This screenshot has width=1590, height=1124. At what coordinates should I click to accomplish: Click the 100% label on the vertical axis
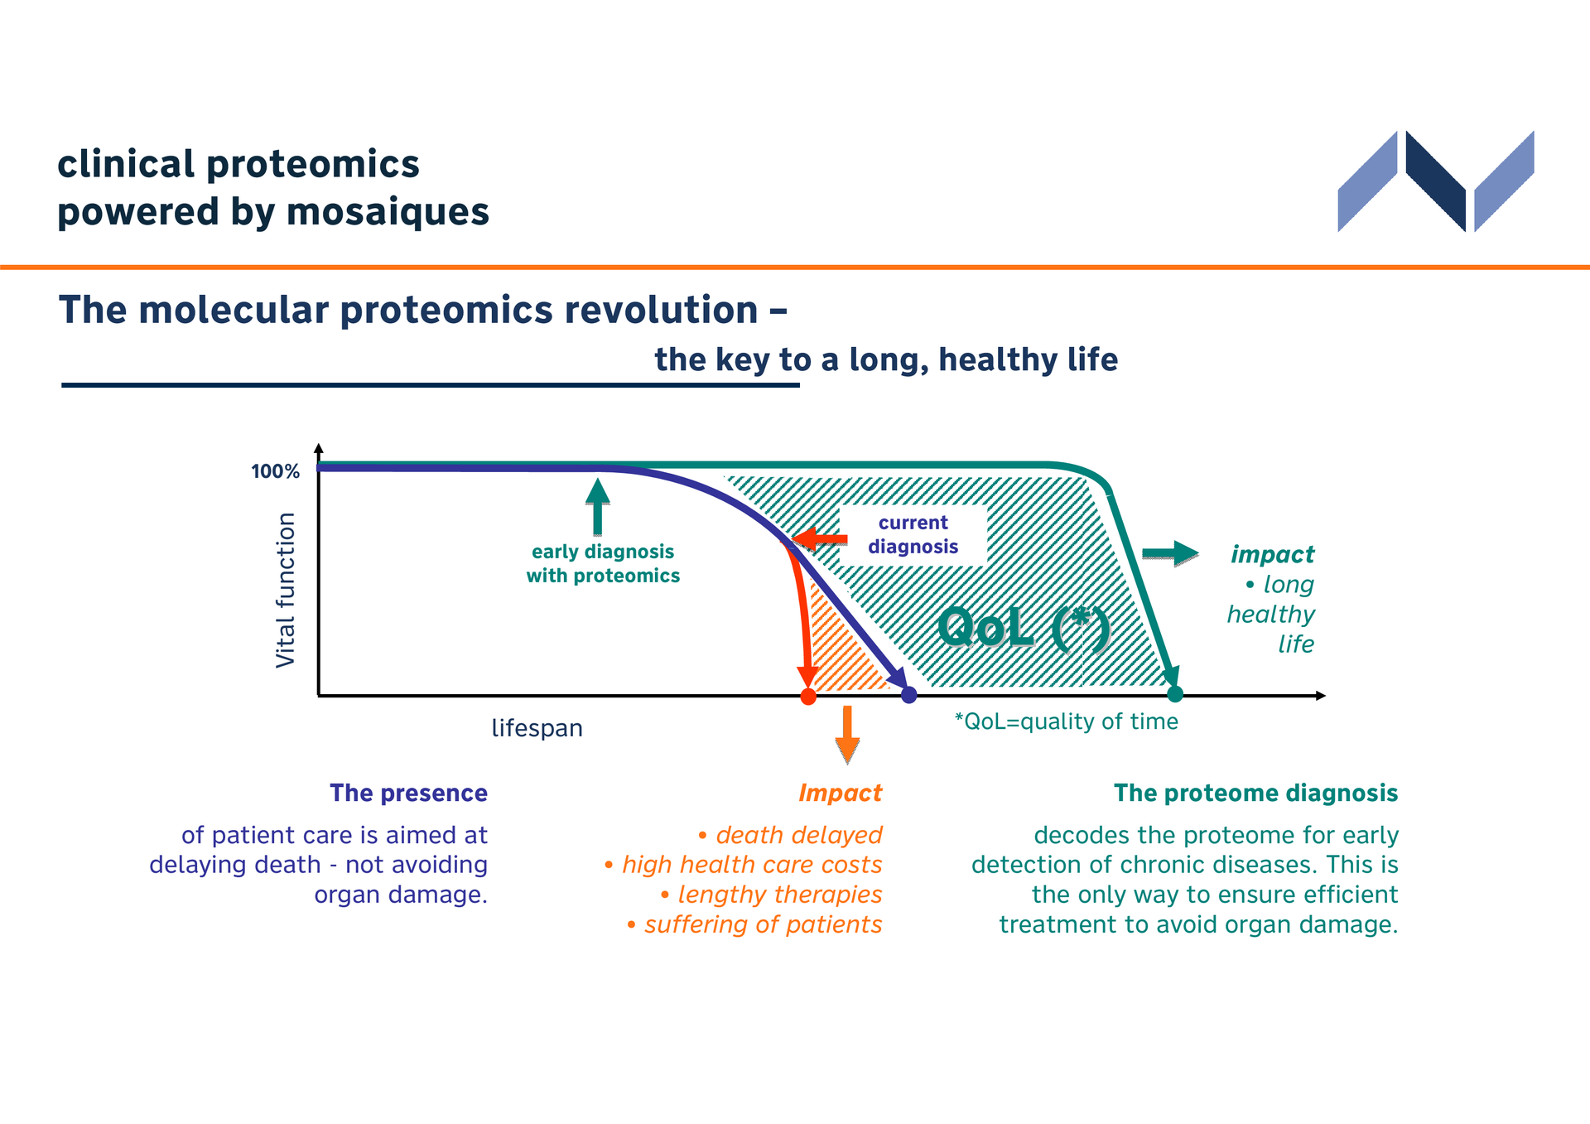tap(275, 471)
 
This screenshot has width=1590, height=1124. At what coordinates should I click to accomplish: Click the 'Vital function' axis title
tap(286, 590)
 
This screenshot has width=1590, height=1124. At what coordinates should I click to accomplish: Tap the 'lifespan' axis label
tap(537, 728)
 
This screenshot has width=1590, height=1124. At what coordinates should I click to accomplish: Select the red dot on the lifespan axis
tap(808, 697)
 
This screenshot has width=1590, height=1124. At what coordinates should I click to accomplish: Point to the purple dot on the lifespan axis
tap(908, 695)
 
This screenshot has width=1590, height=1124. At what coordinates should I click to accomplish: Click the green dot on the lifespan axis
tap(1174, 694)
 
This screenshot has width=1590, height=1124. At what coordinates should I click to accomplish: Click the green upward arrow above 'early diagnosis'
tap(597, 507)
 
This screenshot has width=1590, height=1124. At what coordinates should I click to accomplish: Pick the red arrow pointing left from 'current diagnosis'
tap(819, 540)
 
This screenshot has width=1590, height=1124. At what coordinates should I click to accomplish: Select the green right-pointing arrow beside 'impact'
tap(1170, 553)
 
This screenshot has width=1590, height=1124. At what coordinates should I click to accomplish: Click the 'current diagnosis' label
tap(913, 535)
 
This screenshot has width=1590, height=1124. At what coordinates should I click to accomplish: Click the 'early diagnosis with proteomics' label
tap(603, 564)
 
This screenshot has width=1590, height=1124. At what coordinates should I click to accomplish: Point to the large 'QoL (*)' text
tap(1024, 628)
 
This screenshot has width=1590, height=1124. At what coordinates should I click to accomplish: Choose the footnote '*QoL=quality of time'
tap(1067, 721)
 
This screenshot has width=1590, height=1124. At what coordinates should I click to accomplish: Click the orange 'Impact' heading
tap(841, 793)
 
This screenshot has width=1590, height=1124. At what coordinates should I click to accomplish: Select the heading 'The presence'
tap(408, 794)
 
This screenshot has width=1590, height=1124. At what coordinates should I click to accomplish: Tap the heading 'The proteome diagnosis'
tap(1255, 794)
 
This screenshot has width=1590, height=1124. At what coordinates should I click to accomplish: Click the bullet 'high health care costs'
tap(744, 865)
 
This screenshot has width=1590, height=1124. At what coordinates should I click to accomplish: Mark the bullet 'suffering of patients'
tap(754, 924)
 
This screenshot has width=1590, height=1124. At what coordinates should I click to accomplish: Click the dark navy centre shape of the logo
tap(1436, 181)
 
